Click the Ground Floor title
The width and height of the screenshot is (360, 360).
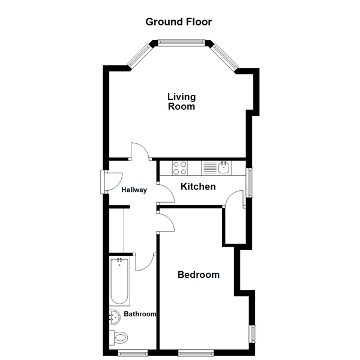click(x=179, y=22)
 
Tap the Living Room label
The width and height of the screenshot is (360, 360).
click(x=181, y=102)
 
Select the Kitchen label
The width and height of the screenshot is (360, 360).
click(x=198, y=187)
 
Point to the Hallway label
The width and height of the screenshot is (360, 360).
click(x=134, y=190)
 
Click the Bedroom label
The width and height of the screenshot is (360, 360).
click(x=199, y=275)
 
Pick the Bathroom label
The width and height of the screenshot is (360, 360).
click(x=140, y=314)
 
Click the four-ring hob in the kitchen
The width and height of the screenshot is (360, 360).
click(x=180, y=168)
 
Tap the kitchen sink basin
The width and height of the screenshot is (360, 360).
click(x=224, y=167)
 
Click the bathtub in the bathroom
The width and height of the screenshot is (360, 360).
click(x=119, y=281)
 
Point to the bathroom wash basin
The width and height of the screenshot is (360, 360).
click(x=115, y=317)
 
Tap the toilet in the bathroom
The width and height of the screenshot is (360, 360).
click(x=118, y=337)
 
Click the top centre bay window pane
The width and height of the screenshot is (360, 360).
click(x=181, y=41)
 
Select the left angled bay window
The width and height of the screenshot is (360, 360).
click(x=140, y=55)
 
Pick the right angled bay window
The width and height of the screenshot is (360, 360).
click(x=225, y=56)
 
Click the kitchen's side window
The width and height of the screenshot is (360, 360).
click(x=250, y=183)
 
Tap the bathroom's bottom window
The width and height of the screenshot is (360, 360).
click(x=133, y=353)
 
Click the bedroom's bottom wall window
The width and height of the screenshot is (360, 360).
click(x=196, y=353)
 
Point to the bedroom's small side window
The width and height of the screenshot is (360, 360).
click(x=253, y=334)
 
